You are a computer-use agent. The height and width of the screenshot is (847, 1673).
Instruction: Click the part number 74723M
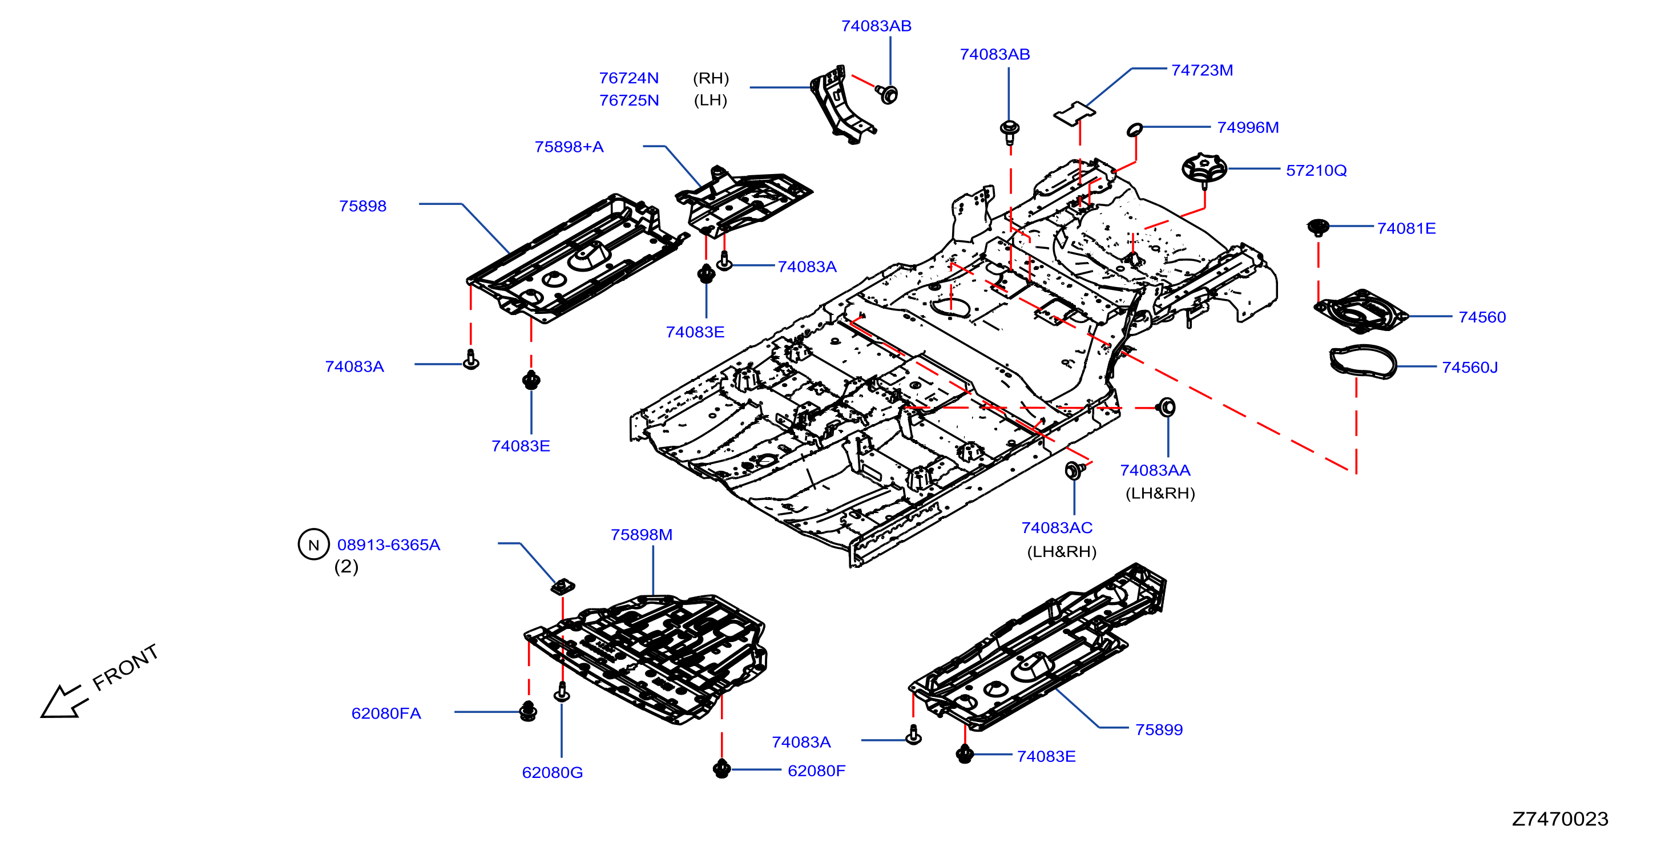(1202, 70)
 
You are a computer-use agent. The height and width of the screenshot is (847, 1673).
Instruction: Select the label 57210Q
(1316, 170)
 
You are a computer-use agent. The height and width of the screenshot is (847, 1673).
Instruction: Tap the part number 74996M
(1248, 127)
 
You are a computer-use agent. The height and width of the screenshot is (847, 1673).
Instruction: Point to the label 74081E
(1406, 228)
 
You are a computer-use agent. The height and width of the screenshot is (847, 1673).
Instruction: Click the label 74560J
(1470, 367)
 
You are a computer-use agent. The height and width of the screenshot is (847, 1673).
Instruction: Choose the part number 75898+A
(569, 147)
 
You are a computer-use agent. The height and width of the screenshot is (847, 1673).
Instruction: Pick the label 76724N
(628, 78)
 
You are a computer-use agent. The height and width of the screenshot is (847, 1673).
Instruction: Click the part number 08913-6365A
(388, 544)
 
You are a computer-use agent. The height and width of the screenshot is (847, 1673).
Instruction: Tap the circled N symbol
(314, 544)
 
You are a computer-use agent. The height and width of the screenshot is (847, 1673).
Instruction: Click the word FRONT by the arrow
(126, 667)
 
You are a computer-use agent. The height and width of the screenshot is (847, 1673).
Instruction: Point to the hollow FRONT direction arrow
(64, 701)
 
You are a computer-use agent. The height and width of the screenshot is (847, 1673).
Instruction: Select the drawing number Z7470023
(1559, 818)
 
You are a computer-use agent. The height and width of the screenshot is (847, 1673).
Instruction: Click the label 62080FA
(386, 713)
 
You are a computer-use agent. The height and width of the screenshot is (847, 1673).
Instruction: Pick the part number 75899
(1159, 729)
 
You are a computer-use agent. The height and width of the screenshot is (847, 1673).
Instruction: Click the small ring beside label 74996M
(1135, 129)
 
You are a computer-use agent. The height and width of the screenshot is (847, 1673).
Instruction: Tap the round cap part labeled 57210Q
(1203, 169)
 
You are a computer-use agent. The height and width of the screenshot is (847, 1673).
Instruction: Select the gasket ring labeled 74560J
(1362, 361)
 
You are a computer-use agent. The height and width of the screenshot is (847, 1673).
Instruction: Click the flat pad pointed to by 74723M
(1074, 114)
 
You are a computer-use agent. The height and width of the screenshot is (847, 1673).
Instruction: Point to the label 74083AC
(1057, 527)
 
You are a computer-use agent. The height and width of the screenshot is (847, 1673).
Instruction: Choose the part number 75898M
(641, 535)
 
